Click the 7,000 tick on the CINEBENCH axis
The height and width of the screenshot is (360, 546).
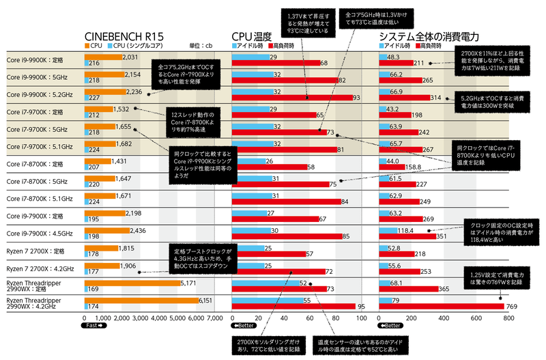click(214, 318)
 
